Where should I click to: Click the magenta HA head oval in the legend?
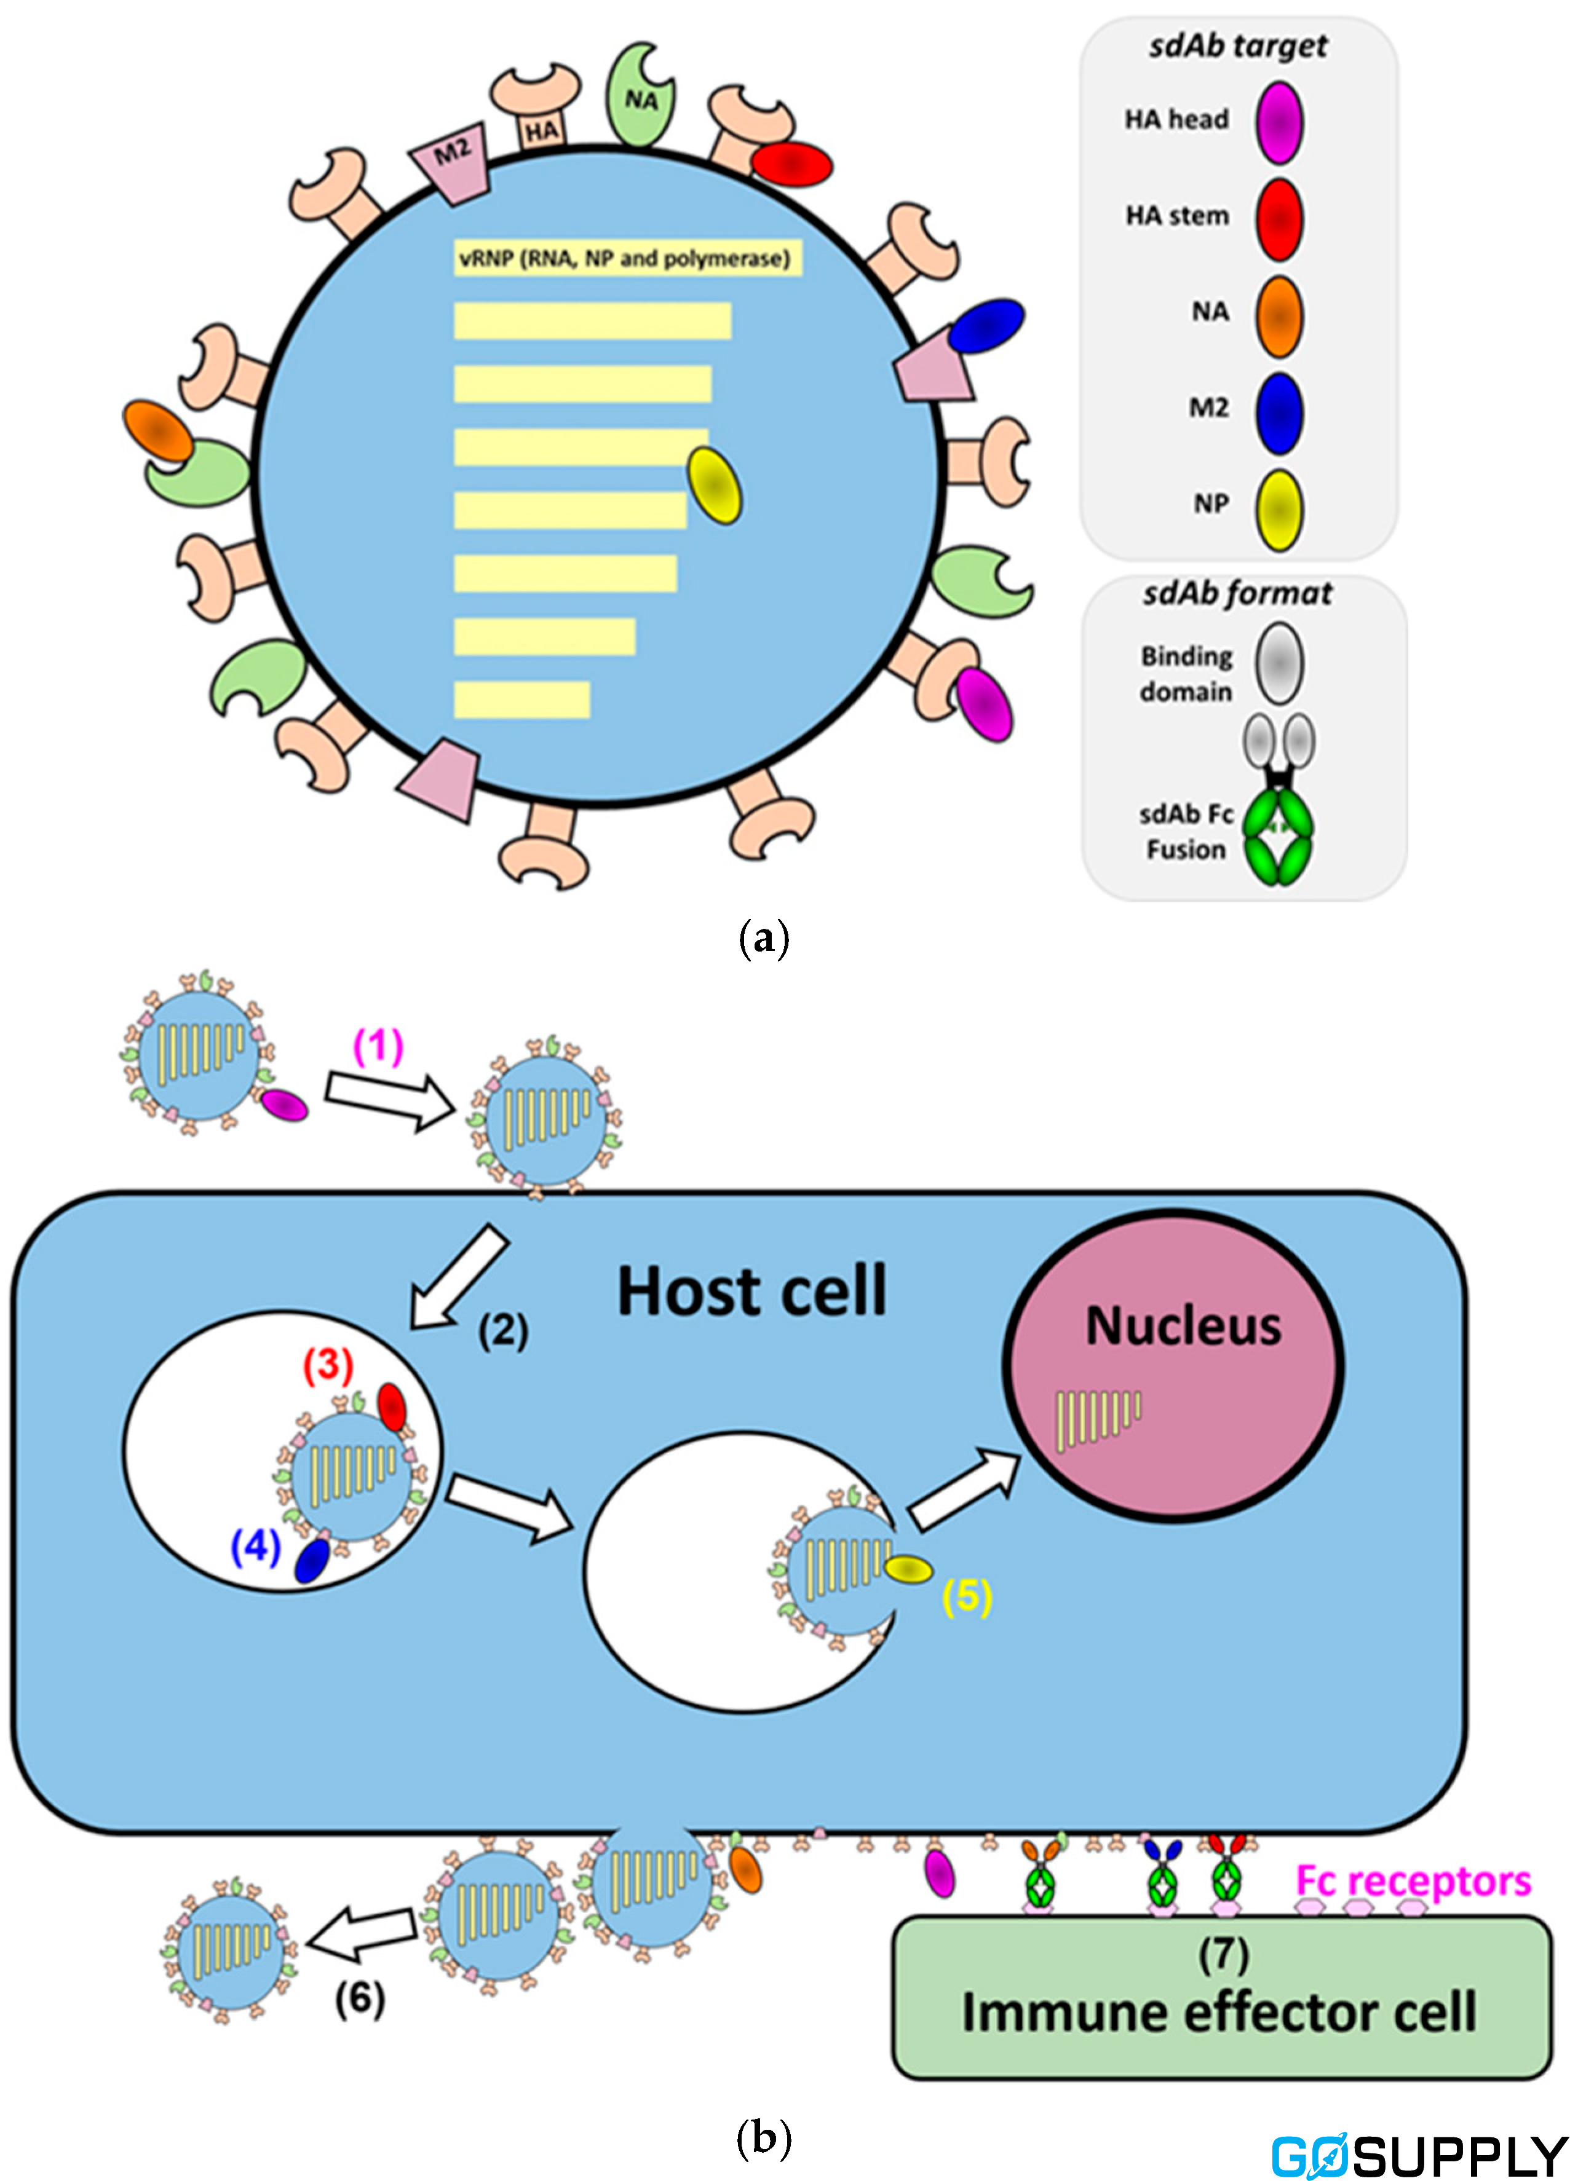pyautogui.click(x=1279, y=122)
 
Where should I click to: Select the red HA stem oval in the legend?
pyautogui.click(x=1279, y=219)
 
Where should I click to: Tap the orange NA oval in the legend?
pyautogui.click(x=1279, y=317)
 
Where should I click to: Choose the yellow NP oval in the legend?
pyautogui.click(x=1279, y=510)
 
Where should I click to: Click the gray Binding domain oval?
pyautogui.click(x=1279, y=663)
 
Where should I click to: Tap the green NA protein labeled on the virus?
pyautogui.click(x=640, y=94)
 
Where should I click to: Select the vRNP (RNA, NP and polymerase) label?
pyautogui.click(x=626, y=258)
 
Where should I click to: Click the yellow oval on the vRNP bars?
pyautogui.click(x=714, y=486)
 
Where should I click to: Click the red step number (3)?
pyautogui.click(x=328, y=1363)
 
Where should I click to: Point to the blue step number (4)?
pyautogui.click(x=255, y=1545)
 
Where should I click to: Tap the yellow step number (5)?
pyautogui.click(x=967, y=1596)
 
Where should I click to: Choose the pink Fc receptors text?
pyautogui.click(x=1412, y=1880)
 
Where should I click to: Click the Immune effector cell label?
pyautogui.click(x=1219, y=2012)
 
